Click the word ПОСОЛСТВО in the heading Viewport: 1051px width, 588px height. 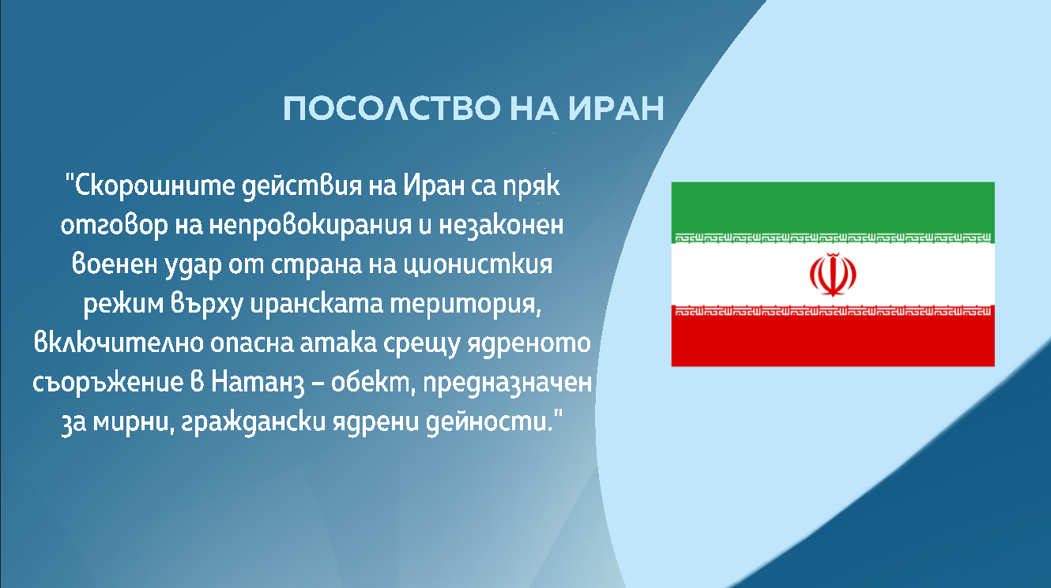[392, 108]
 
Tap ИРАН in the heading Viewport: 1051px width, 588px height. [616, 108]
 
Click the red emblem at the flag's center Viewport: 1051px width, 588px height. [833, 275]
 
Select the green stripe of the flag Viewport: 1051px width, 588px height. [833, 212]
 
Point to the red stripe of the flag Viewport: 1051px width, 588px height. [833, 335]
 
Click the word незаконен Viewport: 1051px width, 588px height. [501, 227]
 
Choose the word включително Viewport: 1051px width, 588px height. [119, 343]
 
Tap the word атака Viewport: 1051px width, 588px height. [338, 343]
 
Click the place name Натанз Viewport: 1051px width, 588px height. [258, 383]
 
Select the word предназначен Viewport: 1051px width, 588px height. [507, 384]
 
